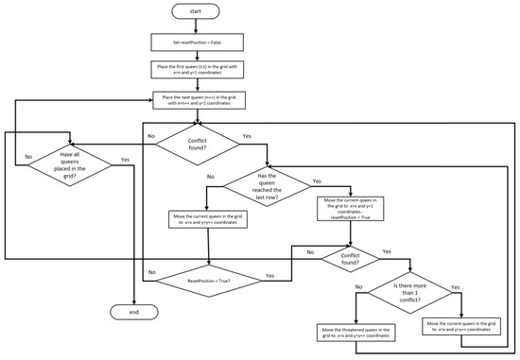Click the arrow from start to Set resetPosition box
pyautogui.click(x=196, y=27)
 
